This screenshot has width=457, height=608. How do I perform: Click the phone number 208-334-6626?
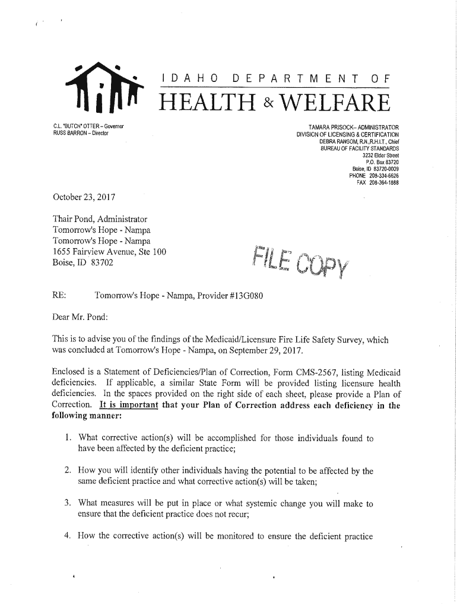pyautogui.click(x=383, y=176)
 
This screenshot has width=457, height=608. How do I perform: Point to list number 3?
pyautogui.click(x=68, y=503)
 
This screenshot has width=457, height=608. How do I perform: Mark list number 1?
pyautogui.click(x=68, y=439)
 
